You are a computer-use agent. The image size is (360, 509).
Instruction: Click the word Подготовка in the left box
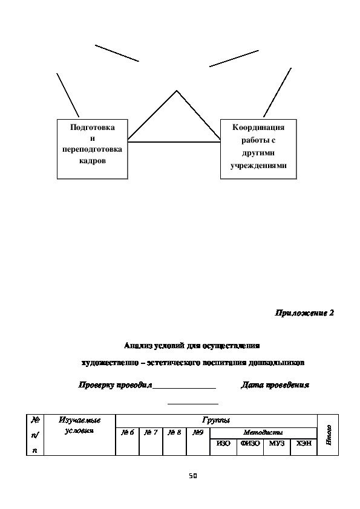(x=93, y=127)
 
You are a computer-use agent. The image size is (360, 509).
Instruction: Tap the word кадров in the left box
(x=93, y=161)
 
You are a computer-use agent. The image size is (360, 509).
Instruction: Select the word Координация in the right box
(x=258, y=127)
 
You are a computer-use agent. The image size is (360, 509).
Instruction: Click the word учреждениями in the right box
(x=258, y=166)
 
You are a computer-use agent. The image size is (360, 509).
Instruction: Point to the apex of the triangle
(x=177, y=91)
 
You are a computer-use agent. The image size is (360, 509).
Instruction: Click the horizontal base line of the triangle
(x=174, y=142)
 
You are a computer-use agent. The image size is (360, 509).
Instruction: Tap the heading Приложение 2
(x=304, y=313)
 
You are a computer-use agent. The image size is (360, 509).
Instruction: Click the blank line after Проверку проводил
(x=184, y=388)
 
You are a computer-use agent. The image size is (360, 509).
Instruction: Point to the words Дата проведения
(x=275, y=385)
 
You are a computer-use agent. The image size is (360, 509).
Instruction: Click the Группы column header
(x=216, y=421)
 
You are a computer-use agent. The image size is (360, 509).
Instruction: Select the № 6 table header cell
(x=128, y=432)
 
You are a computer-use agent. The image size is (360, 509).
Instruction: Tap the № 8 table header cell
(x=174, y=432)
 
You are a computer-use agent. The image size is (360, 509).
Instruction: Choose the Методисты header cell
(x=263, y=432)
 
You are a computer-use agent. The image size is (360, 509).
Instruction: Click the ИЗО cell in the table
(x=223, y=444)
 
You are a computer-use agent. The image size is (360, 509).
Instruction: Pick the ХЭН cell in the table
(x=304, y=444)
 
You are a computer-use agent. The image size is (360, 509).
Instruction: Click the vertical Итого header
(x=329, y=435)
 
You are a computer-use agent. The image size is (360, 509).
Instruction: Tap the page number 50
(x=193, y=476)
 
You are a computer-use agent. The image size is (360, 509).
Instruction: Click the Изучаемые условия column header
(x=80, y=425)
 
